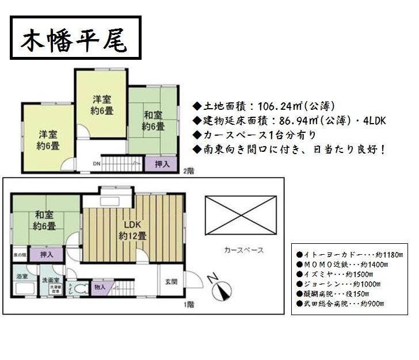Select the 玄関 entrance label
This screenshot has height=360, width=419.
coord(171,281)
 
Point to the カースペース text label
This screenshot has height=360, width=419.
coord(244,250)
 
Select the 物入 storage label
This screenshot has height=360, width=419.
coord(100,286)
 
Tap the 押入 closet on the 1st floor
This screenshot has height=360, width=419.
coord(47,254)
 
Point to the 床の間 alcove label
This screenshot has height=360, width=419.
coord(19,254)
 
